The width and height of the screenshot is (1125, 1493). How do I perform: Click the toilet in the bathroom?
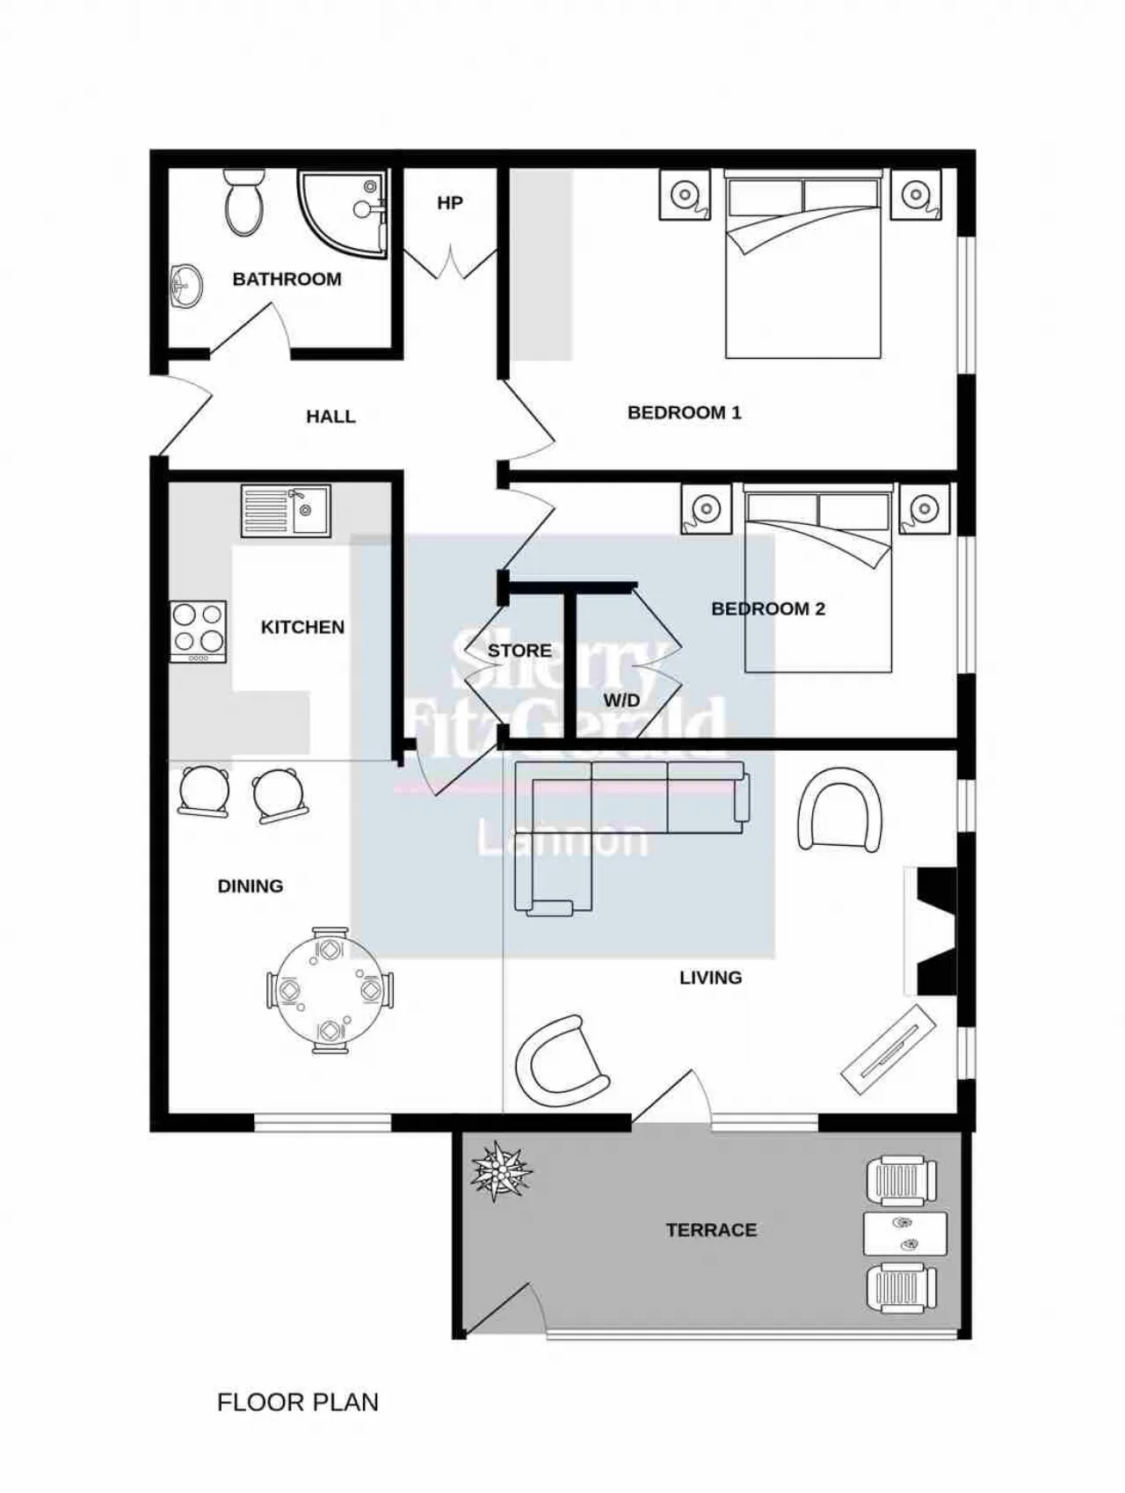click(x=243, y=202)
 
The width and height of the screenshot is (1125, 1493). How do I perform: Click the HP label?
click(x=450, y=203)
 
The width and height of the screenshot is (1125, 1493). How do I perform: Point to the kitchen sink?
click(x=286, y=511)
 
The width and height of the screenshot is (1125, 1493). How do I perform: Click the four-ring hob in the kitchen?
click(x=198, y=631)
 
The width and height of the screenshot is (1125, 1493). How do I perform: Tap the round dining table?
click(x=330, y=990)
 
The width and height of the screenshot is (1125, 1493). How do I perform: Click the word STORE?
click(x=519, y=651)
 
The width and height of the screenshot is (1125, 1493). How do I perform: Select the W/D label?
click(x=621, y=701)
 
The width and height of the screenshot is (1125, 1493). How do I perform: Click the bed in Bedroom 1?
click(x=802, y=264)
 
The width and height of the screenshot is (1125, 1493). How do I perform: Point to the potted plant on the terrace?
click(x=501, y=1170)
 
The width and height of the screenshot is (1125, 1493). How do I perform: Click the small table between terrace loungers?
click(x=905, y=1234)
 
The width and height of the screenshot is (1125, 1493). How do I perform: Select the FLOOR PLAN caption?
click(x=298, y=1402)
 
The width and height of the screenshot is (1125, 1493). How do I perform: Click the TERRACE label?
click(x=711, y=1230)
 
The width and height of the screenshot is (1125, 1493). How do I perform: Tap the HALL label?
click(x=330, y=417)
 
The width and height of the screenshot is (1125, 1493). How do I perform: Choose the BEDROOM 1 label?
click(x=685, y=412)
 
